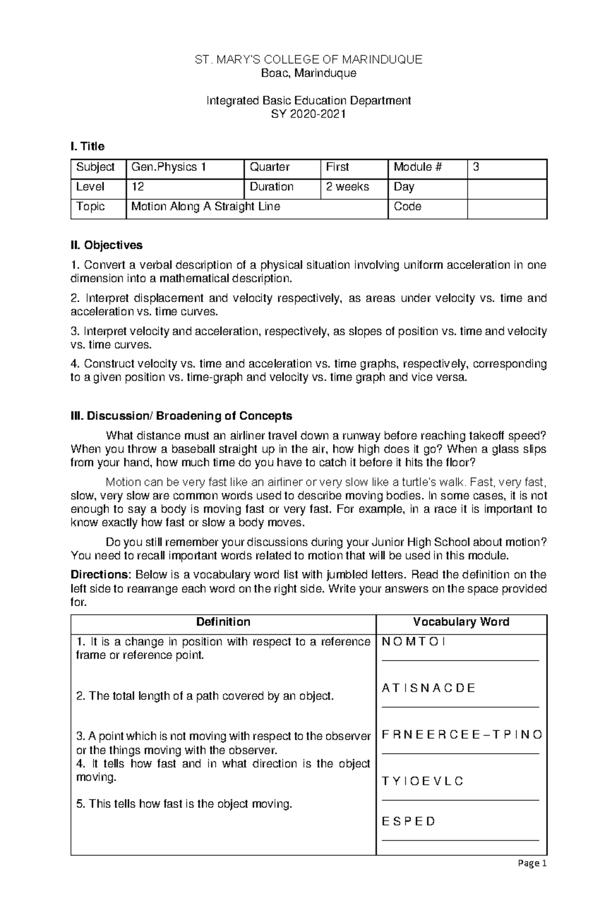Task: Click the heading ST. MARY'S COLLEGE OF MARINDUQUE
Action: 308,60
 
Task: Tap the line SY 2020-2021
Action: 308,114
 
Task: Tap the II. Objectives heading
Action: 106,245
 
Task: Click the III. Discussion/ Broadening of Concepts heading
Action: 181,416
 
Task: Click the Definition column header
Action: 223,622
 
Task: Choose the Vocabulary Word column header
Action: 461,622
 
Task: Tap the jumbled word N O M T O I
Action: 413,642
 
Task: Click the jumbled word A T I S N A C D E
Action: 428,689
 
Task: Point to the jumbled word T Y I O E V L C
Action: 422,781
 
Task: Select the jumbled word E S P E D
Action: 408,822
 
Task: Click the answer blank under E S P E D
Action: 460,840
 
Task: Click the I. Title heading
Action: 87,146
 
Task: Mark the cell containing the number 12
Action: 185,187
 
